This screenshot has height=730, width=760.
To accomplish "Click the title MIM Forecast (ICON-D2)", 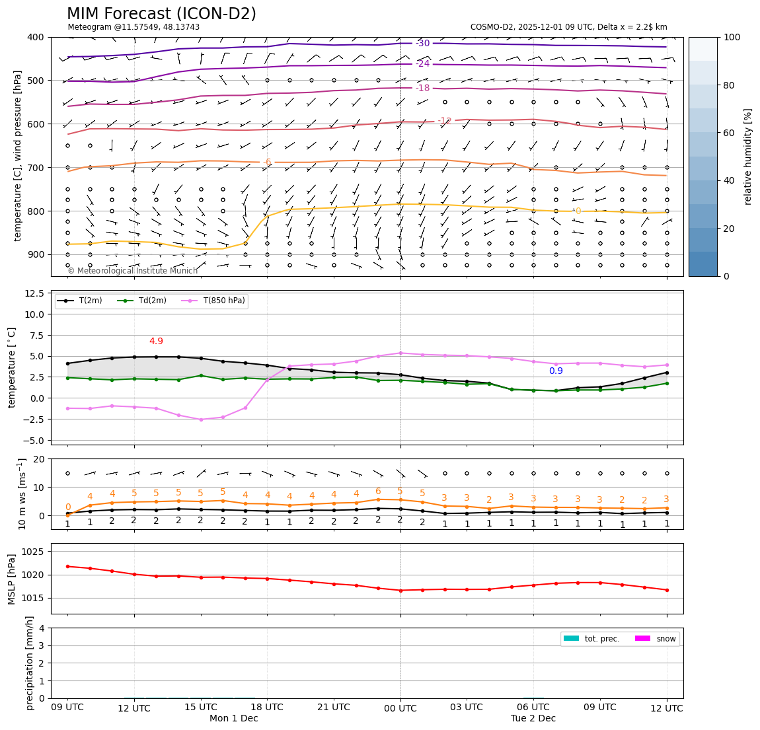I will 161,14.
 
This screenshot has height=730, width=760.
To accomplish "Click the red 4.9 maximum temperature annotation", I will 156,342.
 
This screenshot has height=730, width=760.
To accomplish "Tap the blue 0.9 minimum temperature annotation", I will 556,371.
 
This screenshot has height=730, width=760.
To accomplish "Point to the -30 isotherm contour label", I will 423,44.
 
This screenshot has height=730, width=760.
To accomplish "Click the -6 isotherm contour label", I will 267,162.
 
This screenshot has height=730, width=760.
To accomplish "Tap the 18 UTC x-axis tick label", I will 267,708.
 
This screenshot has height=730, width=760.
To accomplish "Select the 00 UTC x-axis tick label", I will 400,708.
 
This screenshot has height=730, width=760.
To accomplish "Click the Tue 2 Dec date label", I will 533,719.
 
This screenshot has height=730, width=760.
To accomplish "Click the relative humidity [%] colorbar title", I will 748,156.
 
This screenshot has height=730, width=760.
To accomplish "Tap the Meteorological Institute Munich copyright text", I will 133,271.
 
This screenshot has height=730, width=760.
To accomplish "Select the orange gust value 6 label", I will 378,492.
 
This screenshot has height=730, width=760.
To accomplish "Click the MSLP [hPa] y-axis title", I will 11,579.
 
